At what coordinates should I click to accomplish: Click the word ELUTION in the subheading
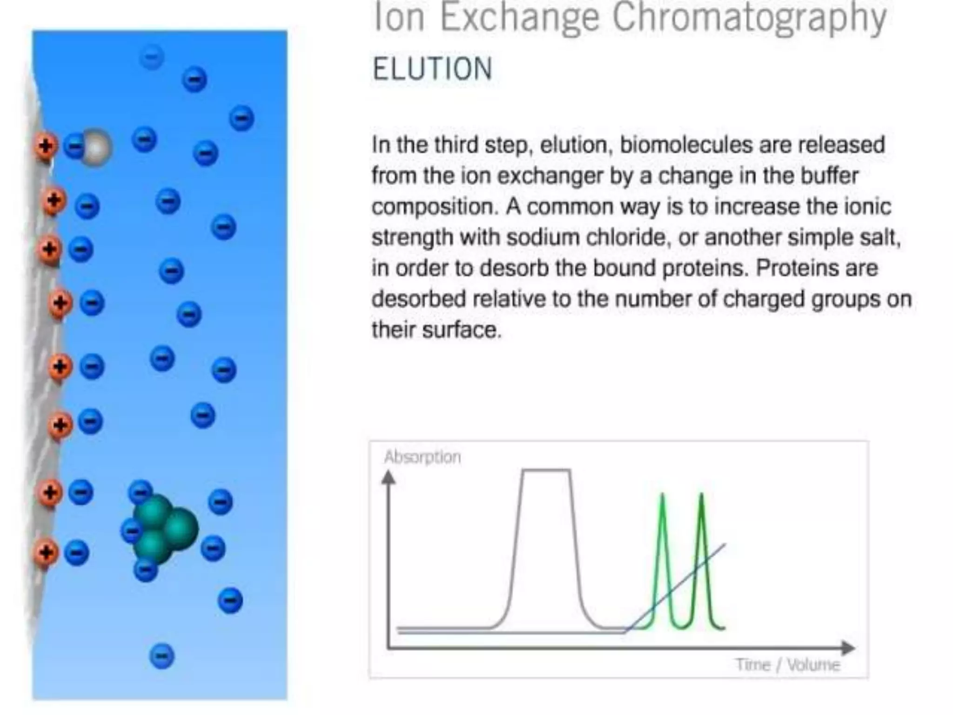(432, 69)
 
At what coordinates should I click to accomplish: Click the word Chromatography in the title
(750, 18)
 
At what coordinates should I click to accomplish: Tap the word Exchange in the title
(519, 18)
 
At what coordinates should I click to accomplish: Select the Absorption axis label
(423, 457)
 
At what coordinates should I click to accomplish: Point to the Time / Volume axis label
(788, 664)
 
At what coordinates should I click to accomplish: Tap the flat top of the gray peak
(546, 471)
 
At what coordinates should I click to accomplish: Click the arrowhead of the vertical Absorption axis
(389, 478)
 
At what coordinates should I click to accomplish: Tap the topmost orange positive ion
(45, 146)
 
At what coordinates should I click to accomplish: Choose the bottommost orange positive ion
(46, 553)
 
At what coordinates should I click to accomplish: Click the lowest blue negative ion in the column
(161, 656)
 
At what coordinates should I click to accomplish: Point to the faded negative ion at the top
(152, 58)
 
